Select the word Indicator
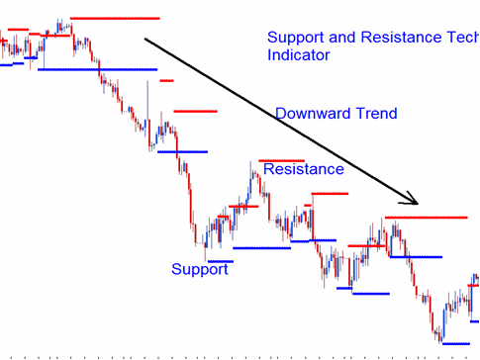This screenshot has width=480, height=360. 298,56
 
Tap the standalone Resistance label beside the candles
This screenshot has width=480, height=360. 304,169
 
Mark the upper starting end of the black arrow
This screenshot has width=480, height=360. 146,40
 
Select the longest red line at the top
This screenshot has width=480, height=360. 115,18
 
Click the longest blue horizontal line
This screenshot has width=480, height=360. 98,70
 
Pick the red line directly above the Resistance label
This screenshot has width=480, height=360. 281,160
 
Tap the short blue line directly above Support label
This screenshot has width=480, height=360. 220,261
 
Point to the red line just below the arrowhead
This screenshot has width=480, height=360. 426,216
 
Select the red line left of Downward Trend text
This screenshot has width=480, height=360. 194,111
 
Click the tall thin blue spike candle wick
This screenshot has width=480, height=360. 147,99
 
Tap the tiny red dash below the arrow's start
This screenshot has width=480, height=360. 166,81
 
